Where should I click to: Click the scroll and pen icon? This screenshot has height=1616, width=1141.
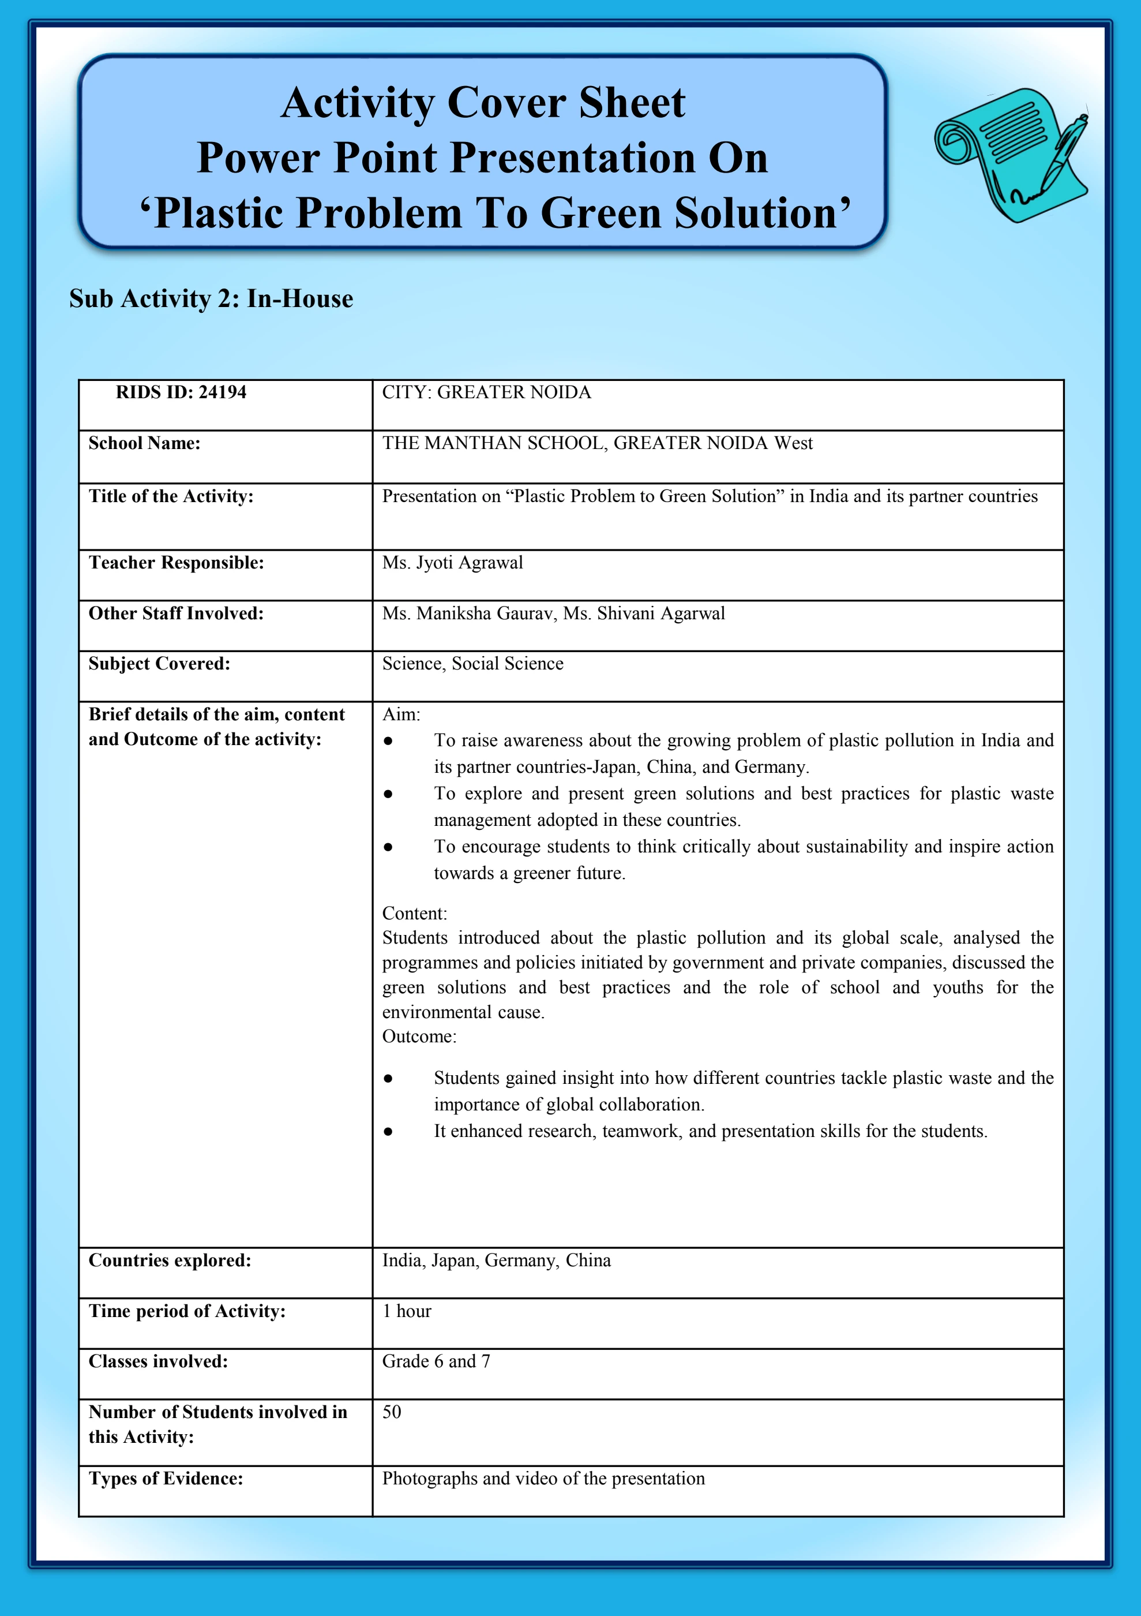1010,154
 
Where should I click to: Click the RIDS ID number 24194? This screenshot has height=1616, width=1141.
222,392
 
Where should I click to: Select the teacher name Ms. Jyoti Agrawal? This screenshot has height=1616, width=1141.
452,562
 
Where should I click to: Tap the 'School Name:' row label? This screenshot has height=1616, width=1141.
144,443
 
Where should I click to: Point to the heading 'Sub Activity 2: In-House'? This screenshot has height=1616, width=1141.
211,298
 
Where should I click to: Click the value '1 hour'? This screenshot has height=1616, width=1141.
407,1311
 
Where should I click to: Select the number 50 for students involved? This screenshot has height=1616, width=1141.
392,1411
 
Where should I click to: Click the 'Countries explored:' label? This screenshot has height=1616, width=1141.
170,1260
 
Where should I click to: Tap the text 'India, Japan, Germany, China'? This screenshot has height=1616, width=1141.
496,1260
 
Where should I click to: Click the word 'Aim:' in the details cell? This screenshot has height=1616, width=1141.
401,715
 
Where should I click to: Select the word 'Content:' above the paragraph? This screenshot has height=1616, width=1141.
414,913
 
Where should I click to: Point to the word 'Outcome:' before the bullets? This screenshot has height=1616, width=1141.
419,1036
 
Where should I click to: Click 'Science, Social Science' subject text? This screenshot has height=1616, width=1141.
472,663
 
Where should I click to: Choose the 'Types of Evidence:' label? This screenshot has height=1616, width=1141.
166,1478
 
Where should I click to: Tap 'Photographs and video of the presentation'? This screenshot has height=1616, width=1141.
543,1478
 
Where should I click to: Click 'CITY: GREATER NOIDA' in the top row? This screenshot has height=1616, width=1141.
486,392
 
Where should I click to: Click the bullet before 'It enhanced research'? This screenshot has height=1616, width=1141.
388,1132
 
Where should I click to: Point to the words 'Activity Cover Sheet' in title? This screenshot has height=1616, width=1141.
483,103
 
